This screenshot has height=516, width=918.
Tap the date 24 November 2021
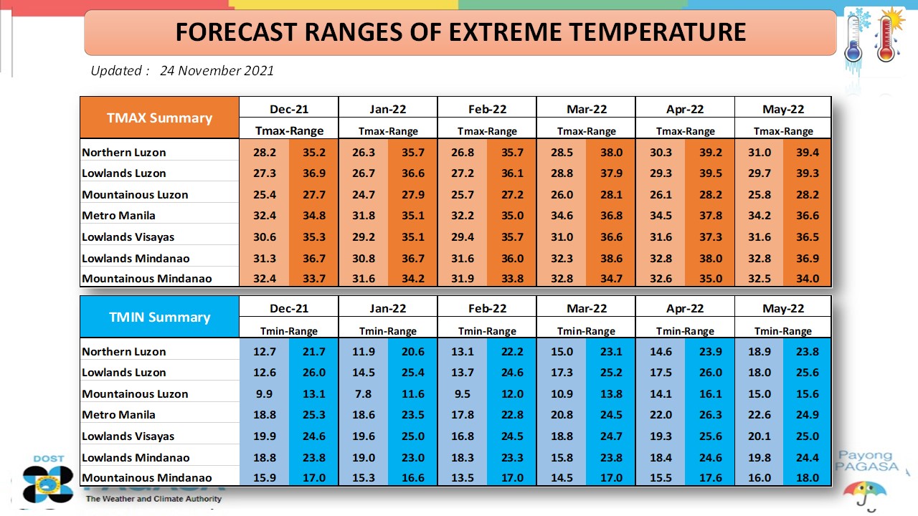point(217,70)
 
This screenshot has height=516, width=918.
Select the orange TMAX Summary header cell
point(159,118)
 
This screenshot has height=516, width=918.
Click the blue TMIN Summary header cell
point(159,317)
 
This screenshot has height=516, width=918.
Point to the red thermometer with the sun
point(887,35)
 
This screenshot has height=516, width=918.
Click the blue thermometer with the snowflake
point(856,39)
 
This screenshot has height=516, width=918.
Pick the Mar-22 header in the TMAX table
point(587,109)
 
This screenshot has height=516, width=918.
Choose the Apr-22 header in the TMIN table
point(685,308)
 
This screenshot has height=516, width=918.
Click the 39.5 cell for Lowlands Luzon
point(711,173)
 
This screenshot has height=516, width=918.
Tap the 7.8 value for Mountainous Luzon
point(364,394)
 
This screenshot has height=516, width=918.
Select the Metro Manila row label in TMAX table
point(118,216)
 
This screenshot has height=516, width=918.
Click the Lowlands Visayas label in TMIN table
point(128,436)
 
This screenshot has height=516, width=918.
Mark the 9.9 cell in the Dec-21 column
point(265,394)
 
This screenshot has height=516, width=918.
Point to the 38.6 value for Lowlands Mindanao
point(612,259)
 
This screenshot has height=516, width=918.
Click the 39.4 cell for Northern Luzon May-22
point(808,153)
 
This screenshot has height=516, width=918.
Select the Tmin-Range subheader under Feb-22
point(487,331)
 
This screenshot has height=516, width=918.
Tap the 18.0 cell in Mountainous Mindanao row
point(808,478)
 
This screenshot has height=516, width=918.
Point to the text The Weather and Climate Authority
point(153,499)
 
